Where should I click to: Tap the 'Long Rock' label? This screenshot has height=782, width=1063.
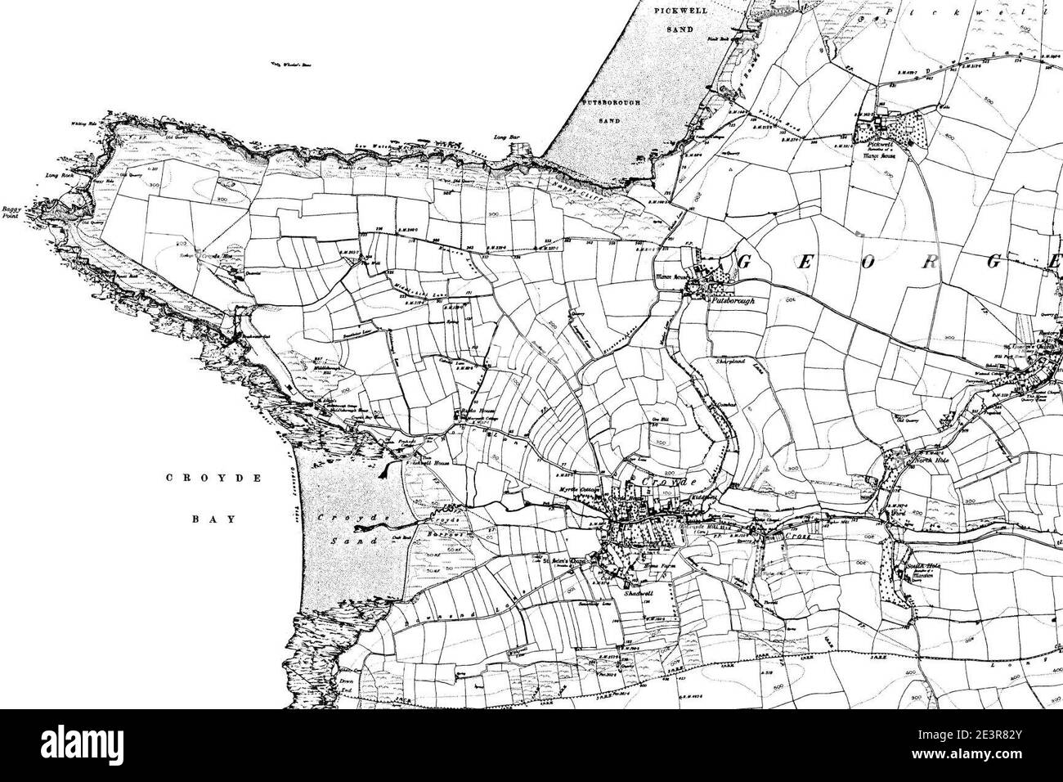tap(61, 174)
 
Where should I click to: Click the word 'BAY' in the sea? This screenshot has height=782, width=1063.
tap(214, 519)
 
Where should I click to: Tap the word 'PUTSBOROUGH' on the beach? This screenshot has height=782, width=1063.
tap(612, 103)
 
